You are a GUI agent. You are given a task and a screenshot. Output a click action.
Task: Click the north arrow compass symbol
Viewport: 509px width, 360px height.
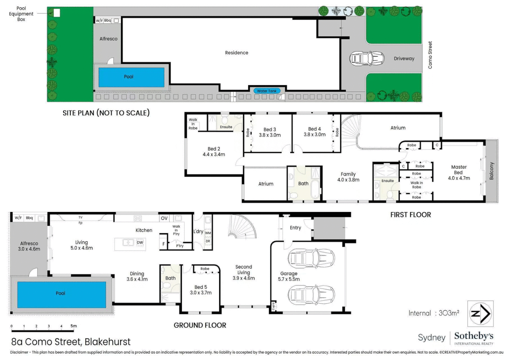pos(480,314)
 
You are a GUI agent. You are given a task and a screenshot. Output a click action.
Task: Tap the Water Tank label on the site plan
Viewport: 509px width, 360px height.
pos(266,91)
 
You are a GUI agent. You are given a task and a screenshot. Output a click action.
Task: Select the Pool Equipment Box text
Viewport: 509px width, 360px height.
pos(21,14)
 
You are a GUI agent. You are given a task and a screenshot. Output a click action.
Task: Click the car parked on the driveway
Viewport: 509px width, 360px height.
pos(367,58)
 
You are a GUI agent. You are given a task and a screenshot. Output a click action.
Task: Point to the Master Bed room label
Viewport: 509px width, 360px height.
pos(459,173)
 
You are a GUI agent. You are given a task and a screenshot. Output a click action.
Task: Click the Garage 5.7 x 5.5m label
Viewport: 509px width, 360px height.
pos(289,276)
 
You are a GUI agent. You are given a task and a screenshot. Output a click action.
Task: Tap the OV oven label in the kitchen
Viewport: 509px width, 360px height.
pos(164,218)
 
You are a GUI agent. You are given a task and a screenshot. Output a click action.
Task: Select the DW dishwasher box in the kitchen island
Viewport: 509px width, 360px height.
pos(140,242)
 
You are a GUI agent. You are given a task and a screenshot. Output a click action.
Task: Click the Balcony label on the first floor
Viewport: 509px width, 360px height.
pos(491,171)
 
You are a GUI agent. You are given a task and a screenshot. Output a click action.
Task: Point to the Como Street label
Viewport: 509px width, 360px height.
pos(430,55)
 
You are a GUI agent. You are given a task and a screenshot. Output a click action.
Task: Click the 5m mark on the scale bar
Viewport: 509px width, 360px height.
pos(73,326)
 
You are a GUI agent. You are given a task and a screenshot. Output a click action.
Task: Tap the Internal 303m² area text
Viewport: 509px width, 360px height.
pos(434,313)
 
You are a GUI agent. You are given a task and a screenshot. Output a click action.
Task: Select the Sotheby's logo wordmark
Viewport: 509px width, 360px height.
pos(474,336)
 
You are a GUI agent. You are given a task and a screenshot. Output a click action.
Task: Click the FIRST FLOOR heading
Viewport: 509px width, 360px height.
pos(411,215)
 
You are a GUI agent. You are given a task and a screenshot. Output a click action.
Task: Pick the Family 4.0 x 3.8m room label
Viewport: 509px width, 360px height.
pos(348,177)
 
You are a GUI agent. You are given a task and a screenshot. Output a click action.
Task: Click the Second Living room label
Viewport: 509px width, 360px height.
pos(244,272)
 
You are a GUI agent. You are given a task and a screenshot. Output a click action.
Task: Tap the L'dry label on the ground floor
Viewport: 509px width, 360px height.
pos(198,232)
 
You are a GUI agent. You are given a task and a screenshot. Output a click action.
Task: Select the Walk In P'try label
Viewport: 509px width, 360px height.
pos(176,230)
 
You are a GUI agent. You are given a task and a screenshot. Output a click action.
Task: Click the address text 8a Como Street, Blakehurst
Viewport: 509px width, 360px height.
pos(71,342)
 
